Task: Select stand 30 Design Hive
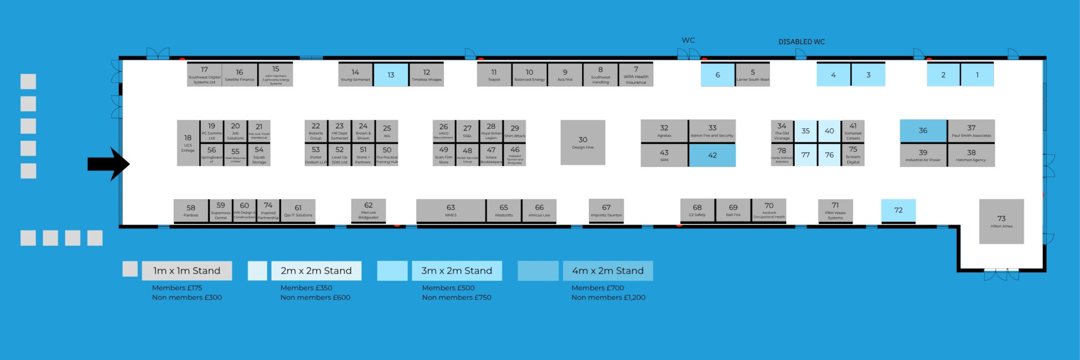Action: [x=583, y=142]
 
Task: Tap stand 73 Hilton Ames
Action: [x=1001, y=221]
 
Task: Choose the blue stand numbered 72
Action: [x=898, y=210]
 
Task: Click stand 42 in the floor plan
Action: [x=712, y=155]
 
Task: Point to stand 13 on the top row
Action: [x=391, y=75]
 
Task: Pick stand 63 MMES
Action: [x=451, y=210]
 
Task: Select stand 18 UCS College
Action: [x=188, y=143]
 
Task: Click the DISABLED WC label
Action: [x=801, y=42]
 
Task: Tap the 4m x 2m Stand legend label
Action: [x=607, y=271]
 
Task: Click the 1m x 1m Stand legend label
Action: [x=187, y=271]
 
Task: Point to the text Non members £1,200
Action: [x=608, y=298]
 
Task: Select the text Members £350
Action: [x=306, y=288]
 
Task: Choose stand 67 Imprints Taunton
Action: [x=606, y=210]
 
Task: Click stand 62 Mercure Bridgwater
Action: [x=368, y=210]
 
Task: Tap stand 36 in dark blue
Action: [x=923, y=130]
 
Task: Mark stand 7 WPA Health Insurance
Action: [x=636, y=75]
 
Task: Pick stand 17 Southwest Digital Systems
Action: [x=204, y=75]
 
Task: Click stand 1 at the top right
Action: [x=977, y=75]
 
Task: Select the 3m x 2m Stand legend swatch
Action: [x=392, y=271]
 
